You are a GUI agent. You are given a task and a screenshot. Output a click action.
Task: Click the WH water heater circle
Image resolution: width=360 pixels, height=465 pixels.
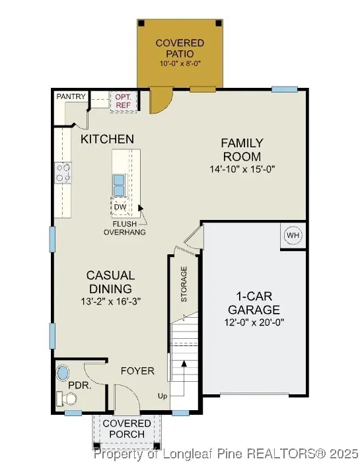[292, 234]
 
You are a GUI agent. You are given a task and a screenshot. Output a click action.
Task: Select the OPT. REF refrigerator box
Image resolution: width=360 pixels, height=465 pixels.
[124, 100]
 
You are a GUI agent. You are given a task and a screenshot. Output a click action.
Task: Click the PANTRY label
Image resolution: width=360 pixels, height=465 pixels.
[71, 96]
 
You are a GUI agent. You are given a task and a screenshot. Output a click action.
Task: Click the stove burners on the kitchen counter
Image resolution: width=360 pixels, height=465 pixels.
[63, 172]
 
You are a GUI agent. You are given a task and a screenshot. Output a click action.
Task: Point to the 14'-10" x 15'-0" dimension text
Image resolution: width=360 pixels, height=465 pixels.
[242, 169]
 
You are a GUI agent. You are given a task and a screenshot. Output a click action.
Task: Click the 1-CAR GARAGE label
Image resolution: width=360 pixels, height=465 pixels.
[254, 303]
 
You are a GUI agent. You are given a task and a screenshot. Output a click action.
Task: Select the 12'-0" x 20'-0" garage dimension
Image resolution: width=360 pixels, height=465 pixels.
[254, 323]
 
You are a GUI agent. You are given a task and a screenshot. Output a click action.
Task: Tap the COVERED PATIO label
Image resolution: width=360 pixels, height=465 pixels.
[179, 48]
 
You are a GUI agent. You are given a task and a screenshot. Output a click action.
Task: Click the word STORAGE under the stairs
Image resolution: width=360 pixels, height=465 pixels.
[184, 284]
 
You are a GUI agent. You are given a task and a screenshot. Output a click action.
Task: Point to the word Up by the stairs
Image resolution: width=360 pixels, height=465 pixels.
[161, 395]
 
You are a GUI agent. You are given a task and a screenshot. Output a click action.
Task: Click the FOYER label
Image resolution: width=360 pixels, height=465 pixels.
[137, 371]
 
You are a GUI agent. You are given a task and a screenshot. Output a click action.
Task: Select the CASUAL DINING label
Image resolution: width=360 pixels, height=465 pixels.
[110, 281]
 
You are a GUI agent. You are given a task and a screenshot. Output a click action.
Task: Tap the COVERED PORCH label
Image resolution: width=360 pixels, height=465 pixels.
[126, 429]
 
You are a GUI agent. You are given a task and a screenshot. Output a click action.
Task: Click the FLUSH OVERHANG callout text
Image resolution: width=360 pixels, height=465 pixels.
[125, 228]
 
